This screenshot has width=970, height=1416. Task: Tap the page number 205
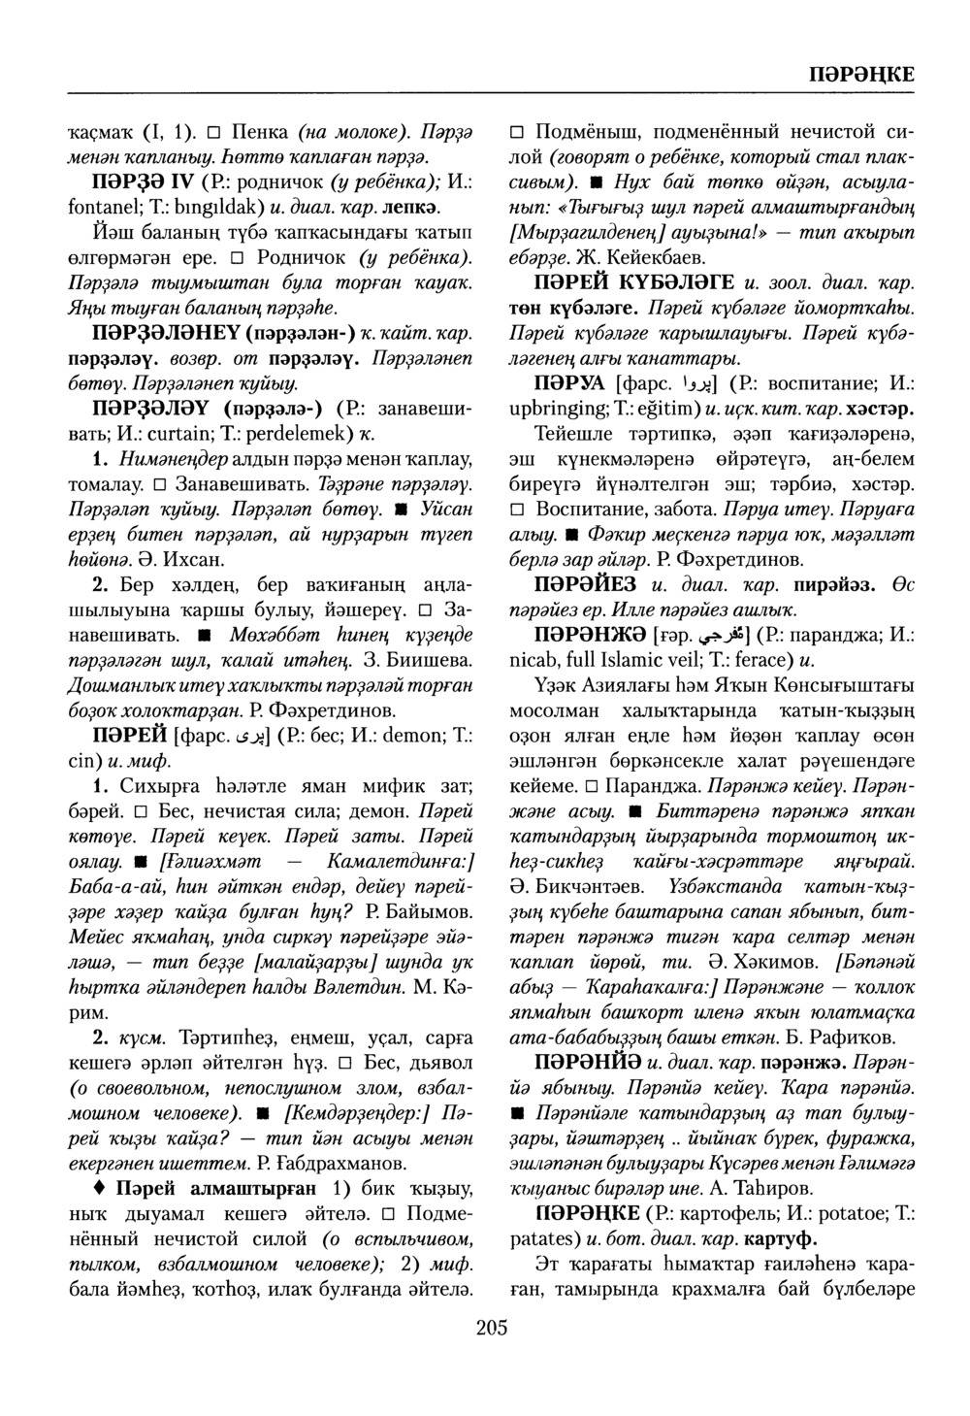[x=492, y=1328]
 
